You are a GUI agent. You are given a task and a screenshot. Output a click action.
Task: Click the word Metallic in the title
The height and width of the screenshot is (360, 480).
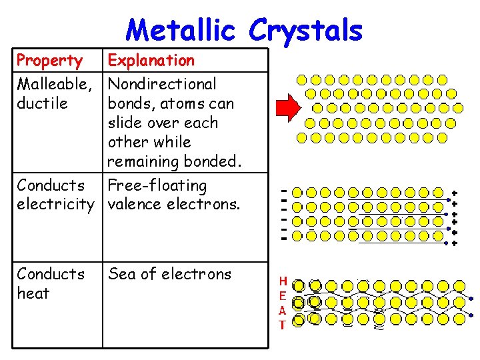point(182,30)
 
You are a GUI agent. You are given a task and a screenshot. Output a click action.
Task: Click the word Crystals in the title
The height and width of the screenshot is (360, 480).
point(307,30)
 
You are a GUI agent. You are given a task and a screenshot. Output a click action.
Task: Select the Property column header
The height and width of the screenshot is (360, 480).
point(49,61)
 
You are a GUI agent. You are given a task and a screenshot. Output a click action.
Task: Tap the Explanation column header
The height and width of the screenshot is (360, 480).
point(151,61)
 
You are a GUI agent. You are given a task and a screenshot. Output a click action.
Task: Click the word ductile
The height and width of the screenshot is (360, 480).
point(42,103)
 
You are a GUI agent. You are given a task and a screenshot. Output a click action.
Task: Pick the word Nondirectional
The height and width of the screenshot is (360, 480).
point(162,84)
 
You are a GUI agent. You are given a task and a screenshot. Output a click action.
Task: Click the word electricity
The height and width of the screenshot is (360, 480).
point(57,205)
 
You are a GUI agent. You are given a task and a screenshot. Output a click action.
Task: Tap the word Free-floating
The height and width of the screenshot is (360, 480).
point(157,185)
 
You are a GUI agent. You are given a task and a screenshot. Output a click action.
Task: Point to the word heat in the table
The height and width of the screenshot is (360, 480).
point(33,293)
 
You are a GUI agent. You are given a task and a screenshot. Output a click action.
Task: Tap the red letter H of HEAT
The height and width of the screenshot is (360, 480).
point(283,281)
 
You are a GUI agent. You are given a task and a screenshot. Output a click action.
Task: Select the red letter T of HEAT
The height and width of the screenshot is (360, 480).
point(283,325)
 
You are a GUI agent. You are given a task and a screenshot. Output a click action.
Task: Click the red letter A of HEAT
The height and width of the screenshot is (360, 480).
point(283,311)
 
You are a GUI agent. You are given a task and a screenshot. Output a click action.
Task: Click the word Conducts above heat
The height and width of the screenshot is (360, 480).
point(51,274)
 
